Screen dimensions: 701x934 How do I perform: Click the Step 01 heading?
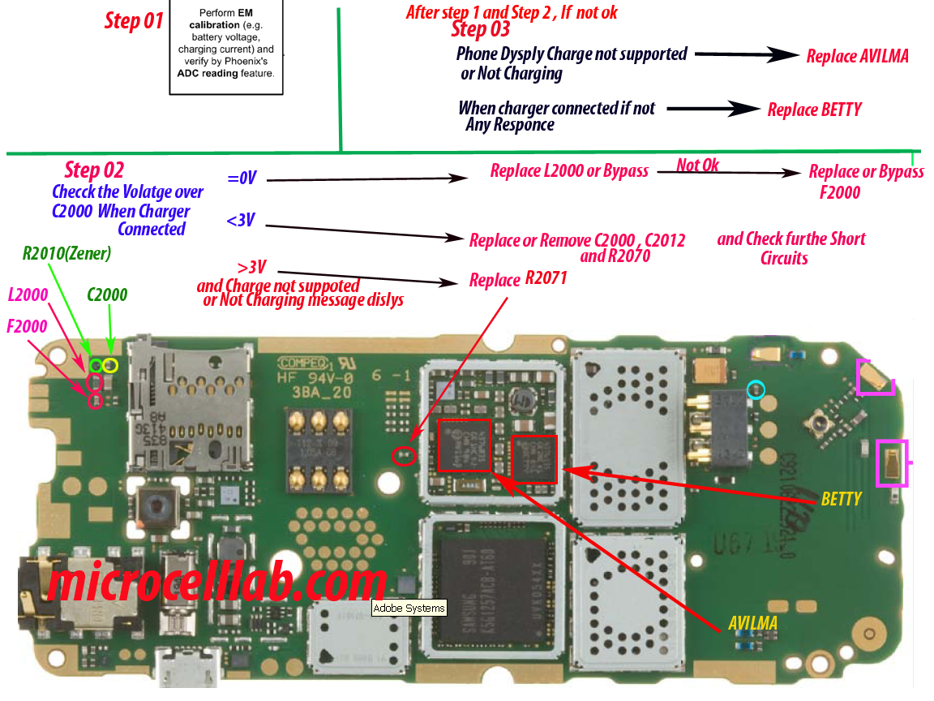(x=134, y=21)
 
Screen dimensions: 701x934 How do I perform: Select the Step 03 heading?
(x=481, y=30)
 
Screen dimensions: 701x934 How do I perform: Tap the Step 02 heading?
(x=94, y=170)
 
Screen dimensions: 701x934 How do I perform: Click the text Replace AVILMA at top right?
(x=857, y=56)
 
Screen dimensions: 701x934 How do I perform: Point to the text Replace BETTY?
(x=814, y=110)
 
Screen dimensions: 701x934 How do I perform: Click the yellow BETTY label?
(x=841, y=498)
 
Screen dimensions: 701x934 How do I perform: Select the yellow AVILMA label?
(x=752, y=623)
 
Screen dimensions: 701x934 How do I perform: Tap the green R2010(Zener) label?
(x=66, y=254)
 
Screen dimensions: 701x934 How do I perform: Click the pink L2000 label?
(x=28, y=295)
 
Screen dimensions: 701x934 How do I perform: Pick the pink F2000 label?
(x=27, y=326)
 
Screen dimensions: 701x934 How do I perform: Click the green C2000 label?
(x=107, y=295)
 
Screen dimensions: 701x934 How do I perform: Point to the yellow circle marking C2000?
(x=110, y=366)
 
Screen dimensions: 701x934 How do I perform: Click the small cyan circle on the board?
(x=756, y=390)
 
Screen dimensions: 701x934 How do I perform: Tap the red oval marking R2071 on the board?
(x=404, y=456)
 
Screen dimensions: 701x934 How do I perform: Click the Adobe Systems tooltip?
(x=409, y=608)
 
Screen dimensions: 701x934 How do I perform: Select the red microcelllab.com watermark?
(x=216, y=583)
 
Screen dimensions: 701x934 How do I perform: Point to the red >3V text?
(x=253, y=268)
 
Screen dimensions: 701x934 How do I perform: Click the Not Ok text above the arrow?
(x=698, y=166)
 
